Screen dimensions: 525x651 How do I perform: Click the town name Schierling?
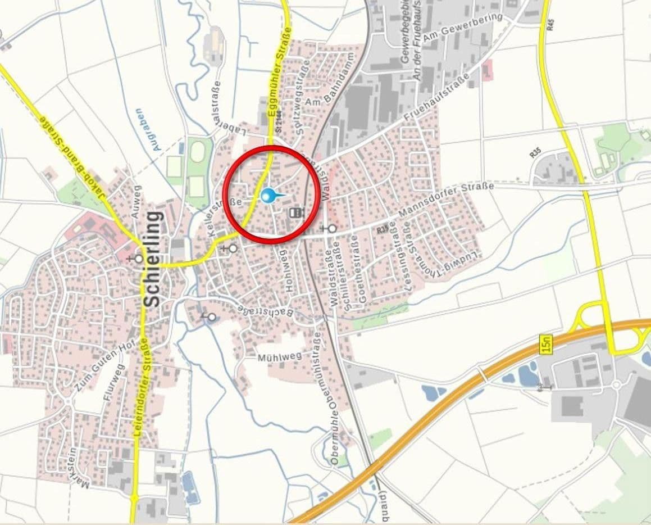pos(152,259)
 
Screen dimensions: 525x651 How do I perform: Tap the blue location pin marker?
pos(268,196)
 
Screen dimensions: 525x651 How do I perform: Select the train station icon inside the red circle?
pos(296,212)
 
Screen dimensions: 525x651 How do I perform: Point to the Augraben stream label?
pos(147,129)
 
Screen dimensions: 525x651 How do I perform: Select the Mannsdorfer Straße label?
pos(447,200)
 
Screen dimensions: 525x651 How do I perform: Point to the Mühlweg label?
pos(279,356)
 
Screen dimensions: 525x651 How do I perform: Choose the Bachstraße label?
pos(265,311)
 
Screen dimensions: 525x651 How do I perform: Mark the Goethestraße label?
pos(358,269)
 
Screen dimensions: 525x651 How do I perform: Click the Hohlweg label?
pos(290,270)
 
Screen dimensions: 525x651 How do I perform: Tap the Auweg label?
pos(136,201)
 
